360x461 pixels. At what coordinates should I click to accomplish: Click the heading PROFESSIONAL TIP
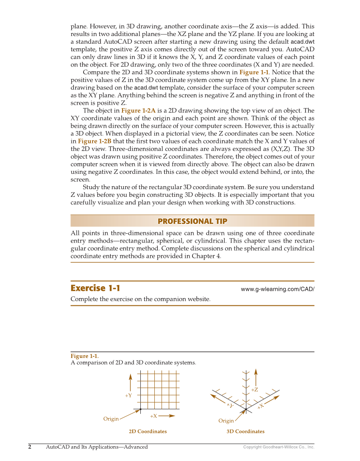pyautogui.click(x=192, y=221)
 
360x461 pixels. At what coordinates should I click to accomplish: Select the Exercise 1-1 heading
pyautogui.click(x=95, y=288)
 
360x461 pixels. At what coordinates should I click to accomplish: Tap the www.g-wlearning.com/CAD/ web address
pyautogui.click(x=277, y=289)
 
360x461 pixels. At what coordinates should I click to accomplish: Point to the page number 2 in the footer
pyautogui.click(x=30, y=447)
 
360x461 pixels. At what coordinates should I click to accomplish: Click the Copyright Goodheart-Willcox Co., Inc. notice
pyautogui.click(x=279, y=447)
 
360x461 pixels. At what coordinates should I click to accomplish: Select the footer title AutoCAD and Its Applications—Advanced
pyautogui.click(x=97, y=447)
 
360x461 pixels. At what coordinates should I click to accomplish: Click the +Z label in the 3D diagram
pyautogui.click(x=254, y=390)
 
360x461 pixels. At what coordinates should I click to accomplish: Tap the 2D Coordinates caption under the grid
pyautogui.click(x=148, y=431)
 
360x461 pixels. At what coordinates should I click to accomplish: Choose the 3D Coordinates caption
pyautogui.click(x=245, y=431)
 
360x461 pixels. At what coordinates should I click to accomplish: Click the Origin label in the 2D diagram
pyautogui.click(x=111, y=419)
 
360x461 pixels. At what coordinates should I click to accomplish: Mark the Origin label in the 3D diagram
pyautogui.click(x=226, y=421)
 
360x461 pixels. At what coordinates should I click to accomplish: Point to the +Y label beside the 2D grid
pyautogui.click(x=128, y=395)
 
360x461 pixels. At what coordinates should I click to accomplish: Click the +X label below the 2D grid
pyautogui.click(x=153, y=416)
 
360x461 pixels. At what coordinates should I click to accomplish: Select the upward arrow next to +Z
pyautogui.click(x=256, y=377)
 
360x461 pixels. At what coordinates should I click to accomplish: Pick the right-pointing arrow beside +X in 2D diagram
pyautogui.click(x=167, y=416)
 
